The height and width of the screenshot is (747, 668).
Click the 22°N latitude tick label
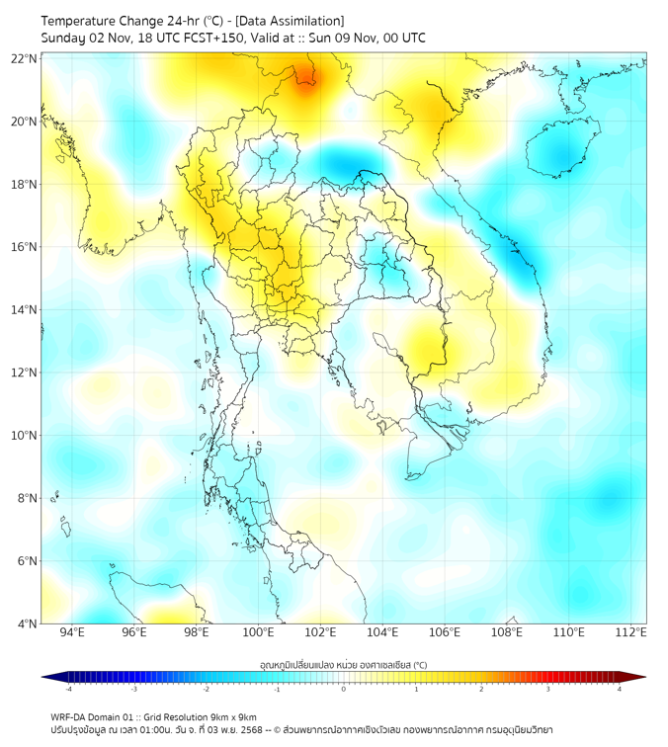25,58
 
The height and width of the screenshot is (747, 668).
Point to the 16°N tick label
25,247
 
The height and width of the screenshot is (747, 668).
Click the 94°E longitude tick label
72,632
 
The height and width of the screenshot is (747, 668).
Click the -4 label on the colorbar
68,689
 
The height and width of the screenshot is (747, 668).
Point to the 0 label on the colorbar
344,689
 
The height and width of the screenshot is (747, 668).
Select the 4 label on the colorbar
620,689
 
